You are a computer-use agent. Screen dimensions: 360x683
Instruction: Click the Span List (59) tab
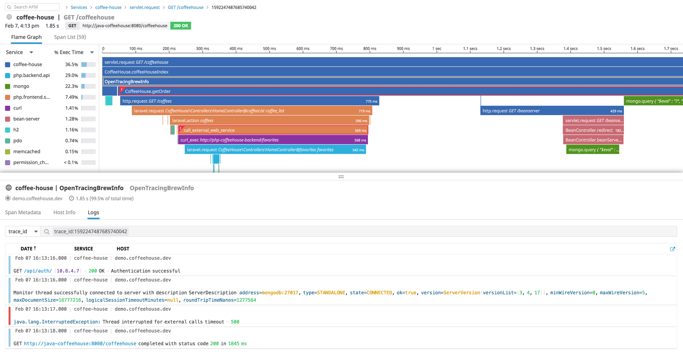pyautogui.click(x=70, y=37)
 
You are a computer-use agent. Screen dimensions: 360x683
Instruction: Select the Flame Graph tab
pyautogui.click(x=26, y=37)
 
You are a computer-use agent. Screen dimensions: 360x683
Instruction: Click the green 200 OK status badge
pyautogui.click(x=180, y=26)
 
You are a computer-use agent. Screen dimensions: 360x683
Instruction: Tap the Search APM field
pyautogui.click(x=33, y=7)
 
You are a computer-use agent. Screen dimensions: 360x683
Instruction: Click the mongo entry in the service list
pyautogui.click(x=21, y=86)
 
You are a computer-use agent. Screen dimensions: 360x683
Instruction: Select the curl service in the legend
pyautogui.click(x=17, y=108)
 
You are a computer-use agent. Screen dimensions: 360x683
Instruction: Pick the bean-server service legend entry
pyautogui.click(x=26, y=119)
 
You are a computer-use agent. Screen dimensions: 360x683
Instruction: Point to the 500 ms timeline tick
pyautogui.click(x=269, y=48)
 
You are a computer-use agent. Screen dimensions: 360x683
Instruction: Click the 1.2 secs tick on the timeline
pyautogui.click(x=503, y=48)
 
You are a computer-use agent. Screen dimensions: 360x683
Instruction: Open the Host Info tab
pyautogui.click(x=64, y=212)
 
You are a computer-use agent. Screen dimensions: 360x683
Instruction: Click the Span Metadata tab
pyautogui.click(x=23, y=212)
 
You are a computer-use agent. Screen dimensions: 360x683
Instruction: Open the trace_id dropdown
pyautogui.click(x=23, y=232)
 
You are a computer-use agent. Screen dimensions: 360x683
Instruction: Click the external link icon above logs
pyautogui.click(x=672, y=249)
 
